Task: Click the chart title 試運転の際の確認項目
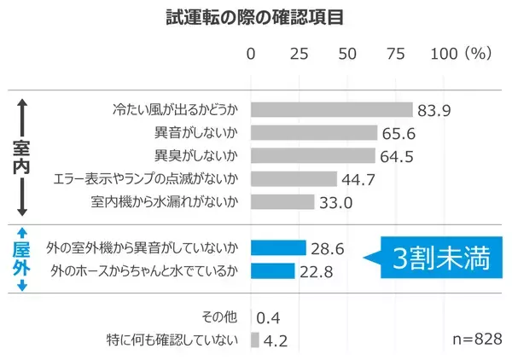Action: [x=250, y=17]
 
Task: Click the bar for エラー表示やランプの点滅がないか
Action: [x=294, y=179]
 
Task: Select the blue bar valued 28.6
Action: [x=278, y=248]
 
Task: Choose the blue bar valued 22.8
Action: [x=272, y=271]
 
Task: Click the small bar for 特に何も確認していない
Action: [x=254, y=340]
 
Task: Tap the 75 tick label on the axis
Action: [x=396, y=54]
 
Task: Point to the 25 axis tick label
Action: [x=299, y=54]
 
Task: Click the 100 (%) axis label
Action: [x=462, y=54]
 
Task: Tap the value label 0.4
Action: [x=270, y=317]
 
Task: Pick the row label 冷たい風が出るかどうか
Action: [x=175, y=110]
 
